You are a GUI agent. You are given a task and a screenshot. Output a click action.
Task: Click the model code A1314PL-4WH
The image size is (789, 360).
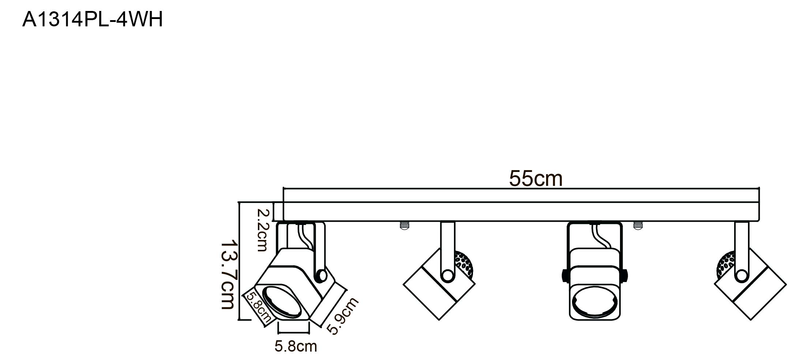click(x=93, y=20)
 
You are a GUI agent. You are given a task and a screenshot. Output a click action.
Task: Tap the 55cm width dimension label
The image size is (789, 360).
click(x=536, y=179)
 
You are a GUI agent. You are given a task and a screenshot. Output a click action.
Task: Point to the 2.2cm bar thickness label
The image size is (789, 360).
click(x=263, y=230)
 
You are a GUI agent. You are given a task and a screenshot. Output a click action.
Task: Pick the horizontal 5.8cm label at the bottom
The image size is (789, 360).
click(x=296, y=346)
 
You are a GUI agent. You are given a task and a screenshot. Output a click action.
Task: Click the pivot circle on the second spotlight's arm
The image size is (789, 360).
click(x=447, y=275)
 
